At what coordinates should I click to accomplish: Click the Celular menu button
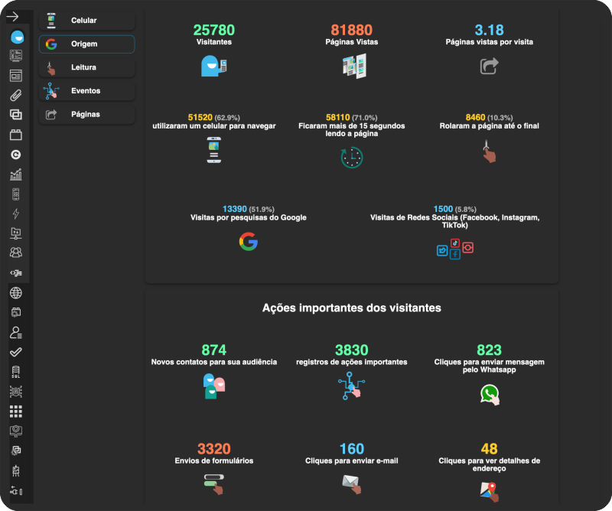[86, 21]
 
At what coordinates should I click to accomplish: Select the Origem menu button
[86, 44]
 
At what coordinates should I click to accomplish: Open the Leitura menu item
[86, 67]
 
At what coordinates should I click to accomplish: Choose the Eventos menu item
[86, 91]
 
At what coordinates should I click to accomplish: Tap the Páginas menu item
[86, 115]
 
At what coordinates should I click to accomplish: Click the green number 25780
[214, 30]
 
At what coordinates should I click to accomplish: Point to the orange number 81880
[352, 30]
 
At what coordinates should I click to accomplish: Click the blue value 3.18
[489, 30]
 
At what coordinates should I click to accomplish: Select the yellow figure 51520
[200, 118]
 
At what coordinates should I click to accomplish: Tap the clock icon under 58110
[352, 158]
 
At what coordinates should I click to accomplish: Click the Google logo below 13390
[249, 241]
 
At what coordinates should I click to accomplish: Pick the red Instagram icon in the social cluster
[468, 248]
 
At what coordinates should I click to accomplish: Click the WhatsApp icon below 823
[490, 395]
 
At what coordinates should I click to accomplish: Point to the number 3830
[352, 350]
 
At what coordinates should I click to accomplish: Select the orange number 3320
[214, 449]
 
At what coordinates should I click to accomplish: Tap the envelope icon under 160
[352, 484]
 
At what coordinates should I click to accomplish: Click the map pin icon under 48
[490, 491]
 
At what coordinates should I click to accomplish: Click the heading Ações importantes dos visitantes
[352, 308]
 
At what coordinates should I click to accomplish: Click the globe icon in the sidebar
[15, 293]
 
